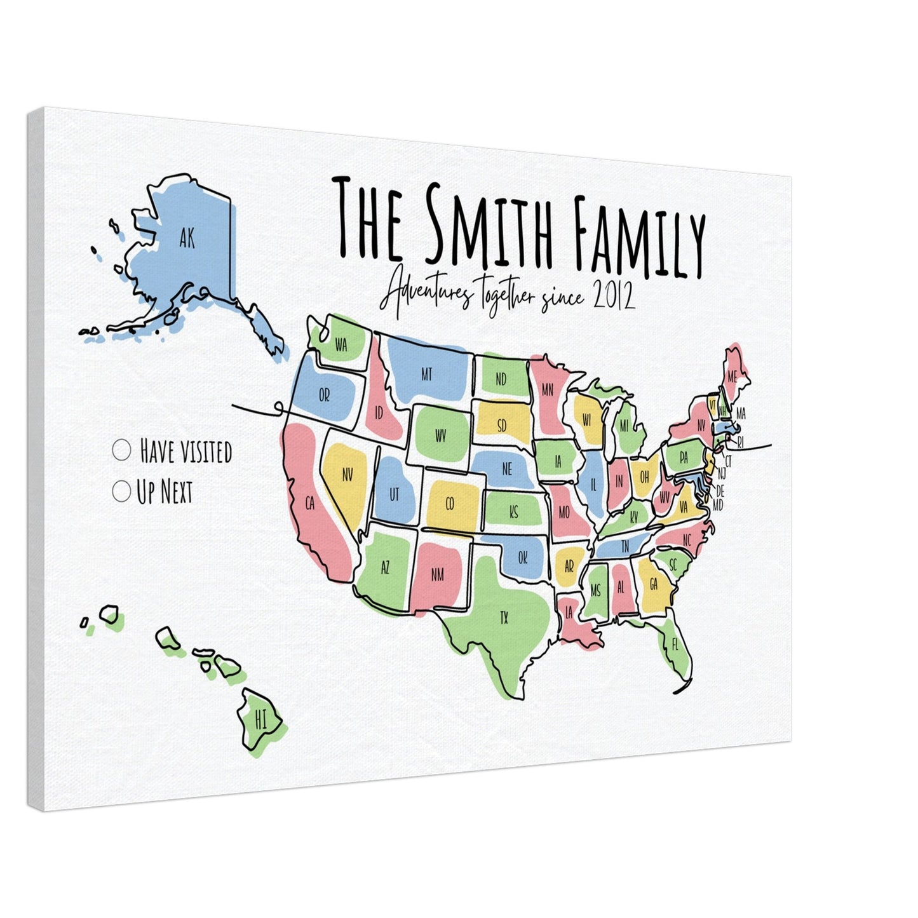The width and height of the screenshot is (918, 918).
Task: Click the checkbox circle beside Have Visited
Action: [x=121, y=450]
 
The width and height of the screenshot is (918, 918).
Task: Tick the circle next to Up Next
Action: [x=120, y=490]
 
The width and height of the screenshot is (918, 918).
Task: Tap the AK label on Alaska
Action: [x=187, y=239]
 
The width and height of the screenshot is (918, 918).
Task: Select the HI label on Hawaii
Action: [x=260, y=720]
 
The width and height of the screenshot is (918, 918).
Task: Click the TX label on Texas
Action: [x=504, y=616]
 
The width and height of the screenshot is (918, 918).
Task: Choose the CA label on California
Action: [x=310, y=504]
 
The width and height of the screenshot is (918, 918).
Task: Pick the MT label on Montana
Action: [x=426, y=375]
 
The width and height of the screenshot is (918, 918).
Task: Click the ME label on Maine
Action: [x=732, y=376]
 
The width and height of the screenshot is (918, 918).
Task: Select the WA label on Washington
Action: [x=341, y=346]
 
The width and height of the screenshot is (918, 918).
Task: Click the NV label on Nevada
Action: [x=347, y=474]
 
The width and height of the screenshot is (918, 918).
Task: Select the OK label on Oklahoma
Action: [x=522, y=558]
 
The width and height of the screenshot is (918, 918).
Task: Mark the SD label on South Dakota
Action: [x=502, y=426]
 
